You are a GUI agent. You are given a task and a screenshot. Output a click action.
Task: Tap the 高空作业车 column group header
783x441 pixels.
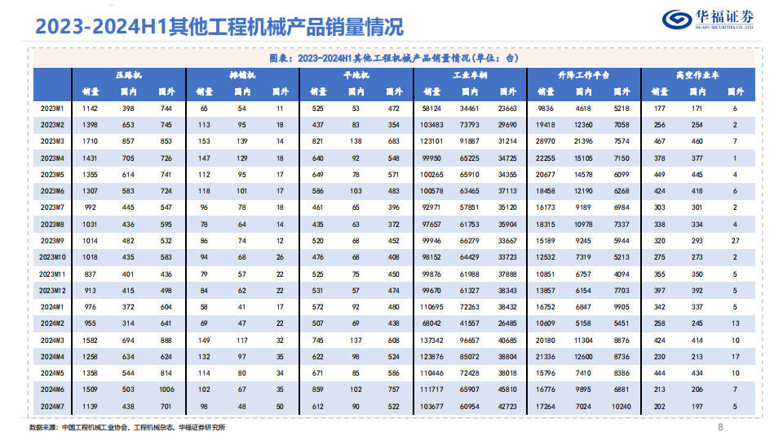697,74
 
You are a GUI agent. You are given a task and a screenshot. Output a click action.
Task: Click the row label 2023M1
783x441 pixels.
52,108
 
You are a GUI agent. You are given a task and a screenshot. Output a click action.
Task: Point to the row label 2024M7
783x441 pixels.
52,406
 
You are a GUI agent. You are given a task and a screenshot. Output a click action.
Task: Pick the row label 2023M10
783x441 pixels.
52,257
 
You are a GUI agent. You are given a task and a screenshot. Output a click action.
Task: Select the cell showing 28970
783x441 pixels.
545,141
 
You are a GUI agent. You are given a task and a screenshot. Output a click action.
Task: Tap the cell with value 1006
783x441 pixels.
166,390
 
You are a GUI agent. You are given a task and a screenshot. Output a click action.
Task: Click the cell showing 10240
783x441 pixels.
621,406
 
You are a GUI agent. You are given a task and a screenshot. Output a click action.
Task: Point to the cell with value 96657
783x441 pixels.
469,340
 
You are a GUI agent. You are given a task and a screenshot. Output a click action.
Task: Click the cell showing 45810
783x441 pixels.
507,390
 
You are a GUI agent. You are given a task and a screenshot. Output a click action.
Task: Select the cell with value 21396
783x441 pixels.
583,141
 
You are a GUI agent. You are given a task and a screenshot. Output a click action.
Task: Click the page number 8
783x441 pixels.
720,427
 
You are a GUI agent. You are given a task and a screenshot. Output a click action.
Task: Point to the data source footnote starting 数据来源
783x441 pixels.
126,427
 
